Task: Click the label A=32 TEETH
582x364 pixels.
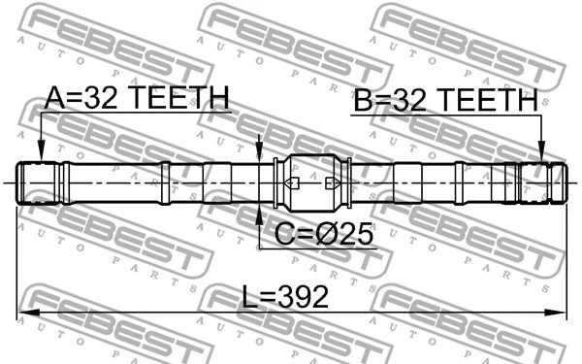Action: click(x=136, y=98)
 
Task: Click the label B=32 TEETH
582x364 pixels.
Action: click(x=444, y=99)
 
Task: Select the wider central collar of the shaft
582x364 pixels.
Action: click(x=311, y=182)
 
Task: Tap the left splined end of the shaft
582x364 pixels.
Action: click(x=40, y=182)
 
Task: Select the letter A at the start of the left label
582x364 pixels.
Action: click(x=54, y=98)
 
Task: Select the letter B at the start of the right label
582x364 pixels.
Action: click(x=362, y=99)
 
